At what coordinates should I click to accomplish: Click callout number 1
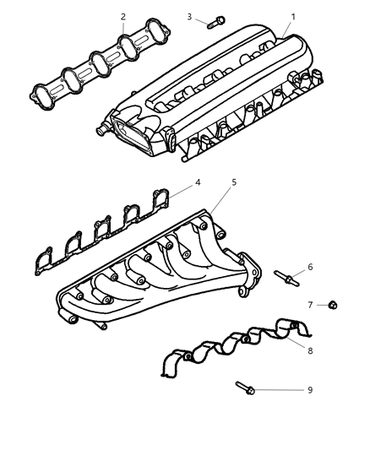293,17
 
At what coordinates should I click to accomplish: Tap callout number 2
123,16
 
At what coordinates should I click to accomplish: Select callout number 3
190,16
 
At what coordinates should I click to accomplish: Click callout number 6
310,267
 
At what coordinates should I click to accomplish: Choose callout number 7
310,304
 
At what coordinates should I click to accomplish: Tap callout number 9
310,390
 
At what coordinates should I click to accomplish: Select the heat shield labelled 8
228,350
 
